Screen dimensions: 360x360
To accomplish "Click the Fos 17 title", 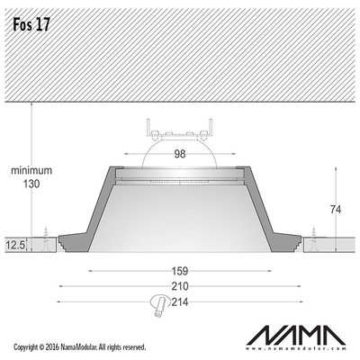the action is click(31, 24).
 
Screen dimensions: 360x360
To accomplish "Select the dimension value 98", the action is click(180, 154).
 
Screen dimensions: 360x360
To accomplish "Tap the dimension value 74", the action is click(336, 210).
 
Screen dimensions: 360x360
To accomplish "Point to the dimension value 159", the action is click(180, 271).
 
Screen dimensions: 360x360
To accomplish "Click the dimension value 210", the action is click(180, 286).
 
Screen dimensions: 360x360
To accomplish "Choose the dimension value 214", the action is click(180, 301).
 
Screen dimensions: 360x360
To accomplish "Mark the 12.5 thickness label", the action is click(15, 246).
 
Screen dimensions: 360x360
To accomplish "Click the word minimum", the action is click(31, 170).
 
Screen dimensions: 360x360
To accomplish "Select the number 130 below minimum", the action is click(31, 184).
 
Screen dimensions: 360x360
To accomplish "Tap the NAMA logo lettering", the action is click(296, 335).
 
